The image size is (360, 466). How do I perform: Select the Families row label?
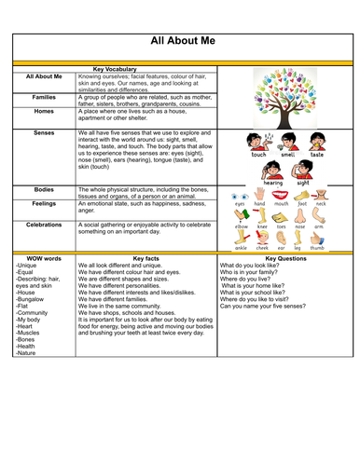pos(44,96)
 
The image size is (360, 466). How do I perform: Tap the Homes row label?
pos(44,111)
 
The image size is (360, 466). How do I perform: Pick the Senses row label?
pos(44,134)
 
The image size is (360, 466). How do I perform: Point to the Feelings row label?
pos(44,201)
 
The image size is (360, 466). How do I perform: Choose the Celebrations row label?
pos(44,224)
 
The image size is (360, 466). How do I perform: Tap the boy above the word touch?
pos(258,141)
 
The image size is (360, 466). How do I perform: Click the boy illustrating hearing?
pos(272,170)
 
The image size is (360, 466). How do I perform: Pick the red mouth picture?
pos(281,197)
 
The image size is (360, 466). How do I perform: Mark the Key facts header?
pos(146,257)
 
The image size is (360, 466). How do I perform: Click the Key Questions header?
pos(285,257)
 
